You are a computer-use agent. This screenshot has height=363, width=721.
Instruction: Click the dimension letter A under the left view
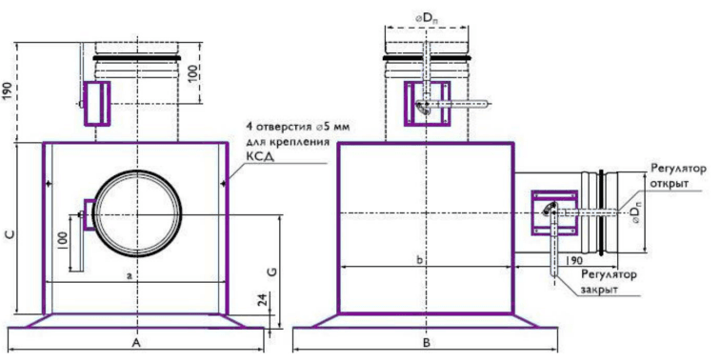tap(135, 342)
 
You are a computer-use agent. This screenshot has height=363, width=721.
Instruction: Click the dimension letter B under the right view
tap(427, 342)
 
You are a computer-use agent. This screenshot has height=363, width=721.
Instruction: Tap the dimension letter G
tap(272, 271)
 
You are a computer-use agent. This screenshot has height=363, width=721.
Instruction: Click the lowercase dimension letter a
tap(130, 275)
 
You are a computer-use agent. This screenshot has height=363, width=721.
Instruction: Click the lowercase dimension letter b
tap(419, 260)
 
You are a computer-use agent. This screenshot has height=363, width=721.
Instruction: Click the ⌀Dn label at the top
tap(427, 20)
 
